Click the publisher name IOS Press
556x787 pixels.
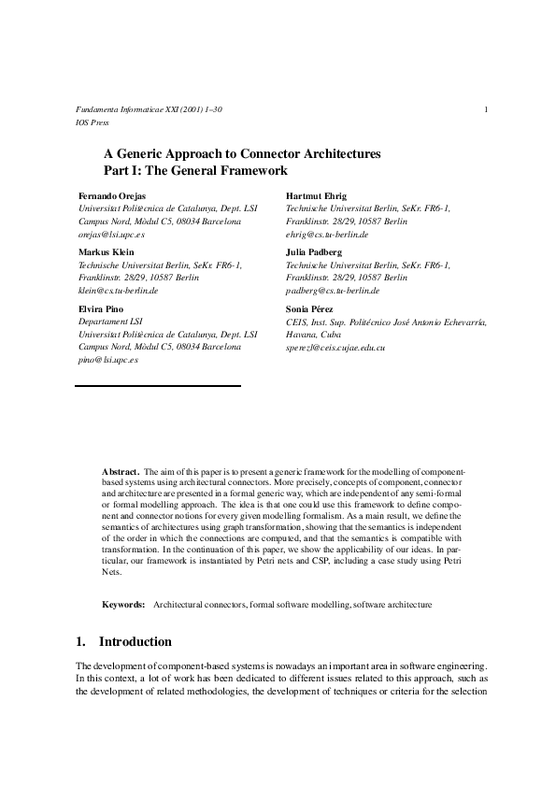(x=92, y=122)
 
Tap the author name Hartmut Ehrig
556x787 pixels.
(x=314, y=195)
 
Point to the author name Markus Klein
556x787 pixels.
(x=105, y=252)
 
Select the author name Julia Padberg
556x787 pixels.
(x=313, y=252)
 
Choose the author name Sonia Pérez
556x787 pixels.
(x=311, y=308)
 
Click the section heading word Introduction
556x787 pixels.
(x=135, y=642)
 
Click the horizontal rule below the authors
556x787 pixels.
(x=158, y=385)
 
